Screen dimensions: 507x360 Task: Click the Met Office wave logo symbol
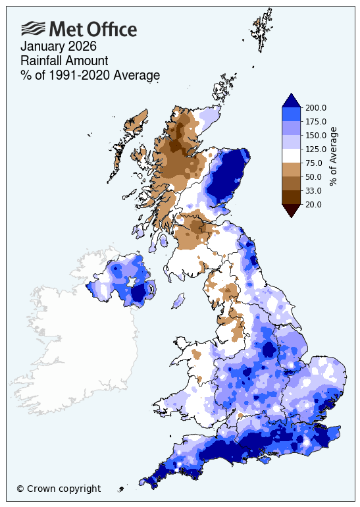pos(34,28)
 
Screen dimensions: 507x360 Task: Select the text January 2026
pos(59,47)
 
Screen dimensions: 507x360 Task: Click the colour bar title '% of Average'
pos(333,156)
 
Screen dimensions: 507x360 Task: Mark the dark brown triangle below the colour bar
pos(292,210)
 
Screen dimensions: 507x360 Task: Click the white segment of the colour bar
pos(292,156)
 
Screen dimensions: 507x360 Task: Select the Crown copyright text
pos(59,489)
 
